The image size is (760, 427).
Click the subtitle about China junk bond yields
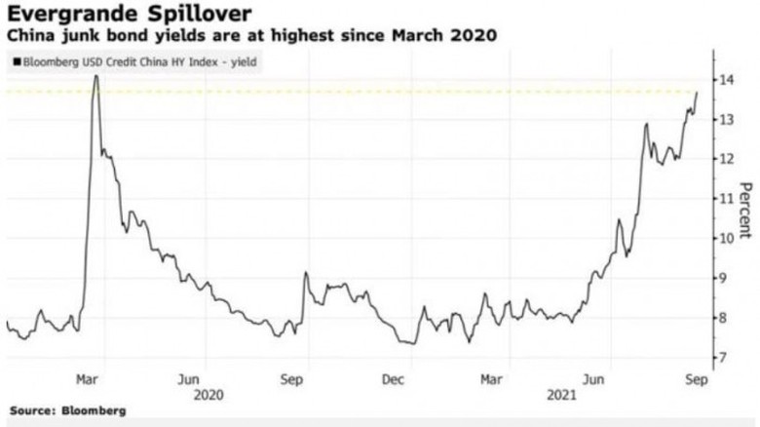(253, 37)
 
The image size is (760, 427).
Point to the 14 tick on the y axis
(726, 79)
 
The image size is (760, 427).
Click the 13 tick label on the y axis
(726, 119)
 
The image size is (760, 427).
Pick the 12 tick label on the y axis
(726, 159)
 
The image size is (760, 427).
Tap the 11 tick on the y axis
(726, 198)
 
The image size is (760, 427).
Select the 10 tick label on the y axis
(726, 238)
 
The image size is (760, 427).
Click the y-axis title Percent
(745, 210)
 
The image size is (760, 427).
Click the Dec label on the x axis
(394, 376)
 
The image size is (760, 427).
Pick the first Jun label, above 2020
(190, 376)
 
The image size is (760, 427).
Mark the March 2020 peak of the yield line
(95, 75)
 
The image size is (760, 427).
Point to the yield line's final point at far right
(697, 92)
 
